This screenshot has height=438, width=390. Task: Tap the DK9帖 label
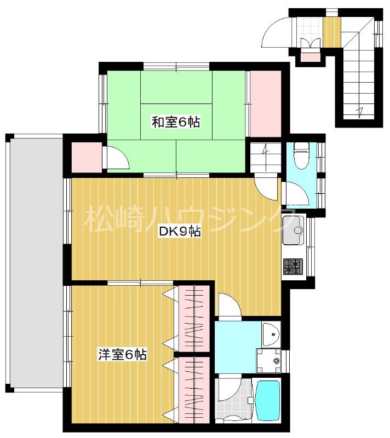tap(179, 232)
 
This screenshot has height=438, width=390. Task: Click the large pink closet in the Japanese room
tap(265, 104)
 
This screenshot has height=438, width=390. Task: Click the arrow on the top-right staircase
tap(359, 112)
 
